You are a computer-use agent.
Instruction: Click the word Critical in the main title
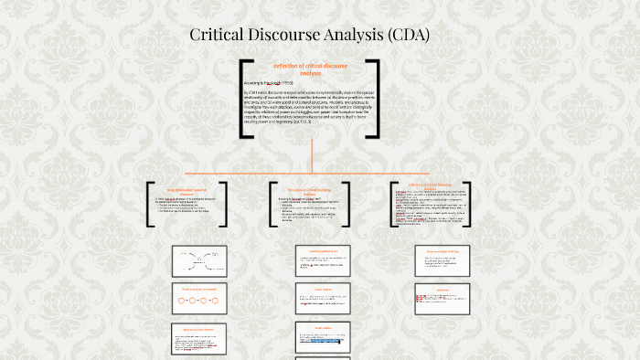[x=220, y=37]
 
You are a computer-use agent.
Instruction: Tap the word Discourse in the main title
[x=296, y=37]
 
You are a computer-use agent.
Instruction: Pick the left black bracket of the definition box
[x=244, y=99]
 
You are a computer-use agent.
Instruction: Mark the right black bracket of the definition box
[x=376, y=99]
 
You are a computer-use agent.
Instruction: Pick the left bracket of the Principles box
[x=271, y=204]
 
